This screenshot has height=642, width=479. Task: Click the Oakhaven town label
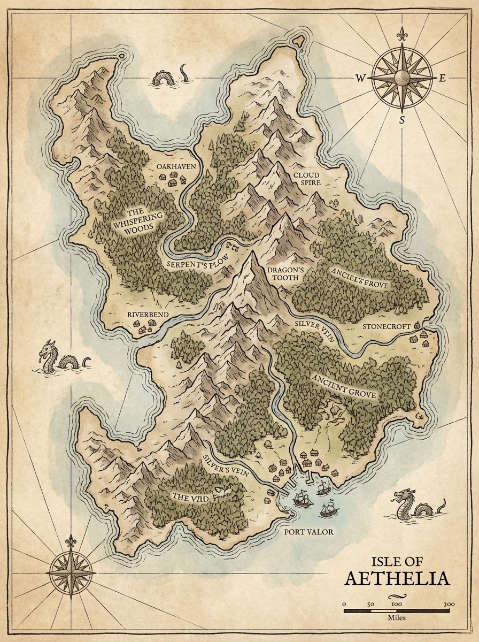[x=176, y=167]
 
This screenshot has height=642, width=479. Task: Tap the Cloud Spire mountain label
[x=306, y=179]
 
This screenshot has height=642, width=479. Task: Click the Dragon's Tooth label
[x=277, y=274]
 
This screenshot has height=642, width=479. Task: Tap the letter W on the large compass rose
[x=360, y=78]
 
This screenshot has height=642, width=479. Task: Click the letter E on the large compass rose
[x=442, y=78]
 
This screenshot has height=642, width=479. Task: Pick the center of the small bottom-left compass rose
[x=71, y=572]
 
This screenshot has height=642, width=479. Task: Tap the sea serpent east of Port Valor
[x=417, y=506]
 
